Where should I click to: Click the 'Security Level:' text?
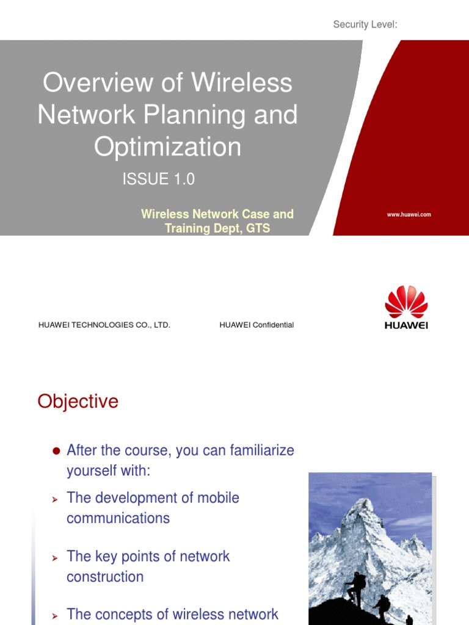365,24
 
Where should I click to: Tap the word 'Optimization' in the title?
167,146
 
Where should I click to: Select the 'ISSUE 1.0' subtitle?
159,179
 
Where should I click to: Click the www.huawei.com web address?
409,215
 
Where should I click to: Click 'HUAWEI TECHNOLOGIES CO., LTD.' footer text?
104,325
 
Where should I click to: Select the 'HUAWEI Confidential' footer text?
256,325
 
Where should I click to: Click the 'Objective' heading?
78,402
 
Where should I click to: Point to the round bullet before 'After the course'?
56,451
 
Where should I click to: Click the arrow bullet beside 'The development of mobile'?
54,499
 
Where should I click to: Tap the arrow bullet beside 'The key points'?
54,558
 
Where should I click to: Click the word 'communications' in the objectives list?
118,518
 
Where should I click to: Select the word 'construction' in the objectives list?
105,577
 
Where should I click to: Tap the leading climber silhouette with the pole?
354,588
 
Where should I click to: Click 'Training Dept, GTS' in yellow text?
217,229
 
